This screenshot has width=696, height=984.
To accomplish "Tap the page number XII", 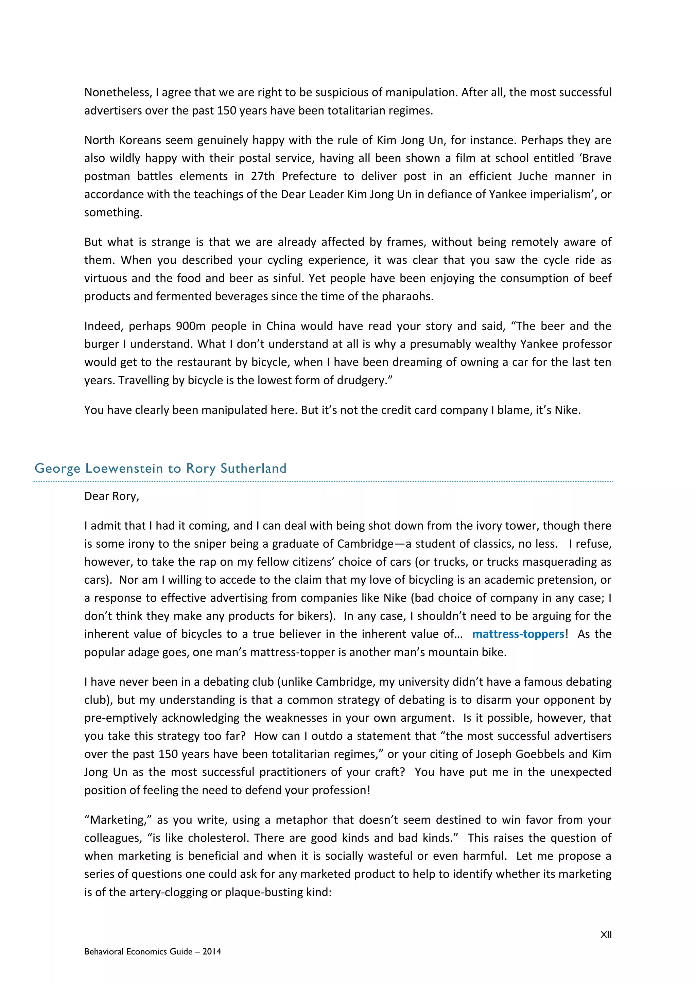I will (x=606, y=935).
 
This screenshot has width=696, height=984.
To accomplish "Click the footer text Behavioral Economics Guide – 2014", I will (x=153, y=951).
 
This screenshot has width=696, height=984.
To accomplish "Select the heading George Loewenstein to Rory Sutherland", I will (x=160, y=468).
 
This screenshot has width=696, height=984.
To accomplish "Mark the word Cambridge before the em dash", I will (x=365, y=544).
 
